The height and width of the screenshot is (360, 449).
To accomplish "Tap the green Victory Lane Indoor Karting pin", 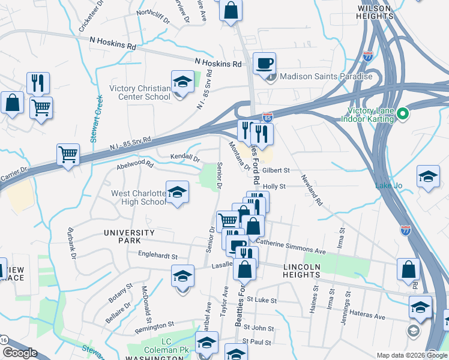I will [x=403, y=113].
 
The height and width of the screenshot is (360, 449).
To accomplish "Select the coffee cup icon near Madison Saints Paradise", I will [x=264, y=63].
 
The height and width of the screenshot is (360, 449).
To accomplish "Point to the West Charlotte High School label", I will [x=138, y=197].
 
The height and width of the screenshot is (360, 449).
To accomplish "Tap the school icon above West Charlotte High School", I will [x=177, y=192].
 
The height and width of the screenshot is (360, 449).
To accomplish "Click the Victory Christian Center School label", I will [x=140, y=92].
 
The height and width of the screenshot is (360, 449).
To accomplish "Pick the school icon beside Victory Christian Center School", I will [x=182, y=82].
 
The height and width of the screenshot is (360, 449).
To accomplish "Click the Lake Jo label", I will [x=389, y=185].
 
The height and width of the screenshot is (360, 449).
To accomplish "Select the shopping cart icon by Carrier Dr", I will [x=68, y=154].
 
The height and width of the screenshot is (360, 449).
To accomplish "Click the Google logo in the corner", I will [x=20, y=353].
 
